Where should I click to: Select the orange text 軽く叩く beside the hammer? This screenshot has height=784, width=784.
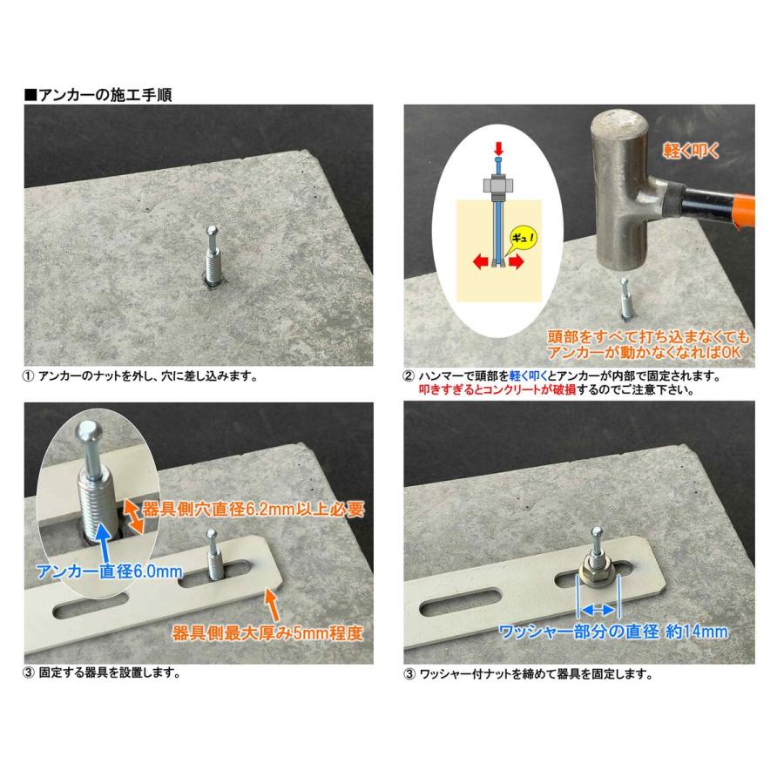tap(689, 151)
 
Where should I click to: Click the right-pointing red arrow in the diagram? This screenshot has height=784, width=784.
tap(517, 263)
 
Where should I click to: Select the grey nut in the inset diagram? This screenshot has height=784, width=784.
tap(497, 186)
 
